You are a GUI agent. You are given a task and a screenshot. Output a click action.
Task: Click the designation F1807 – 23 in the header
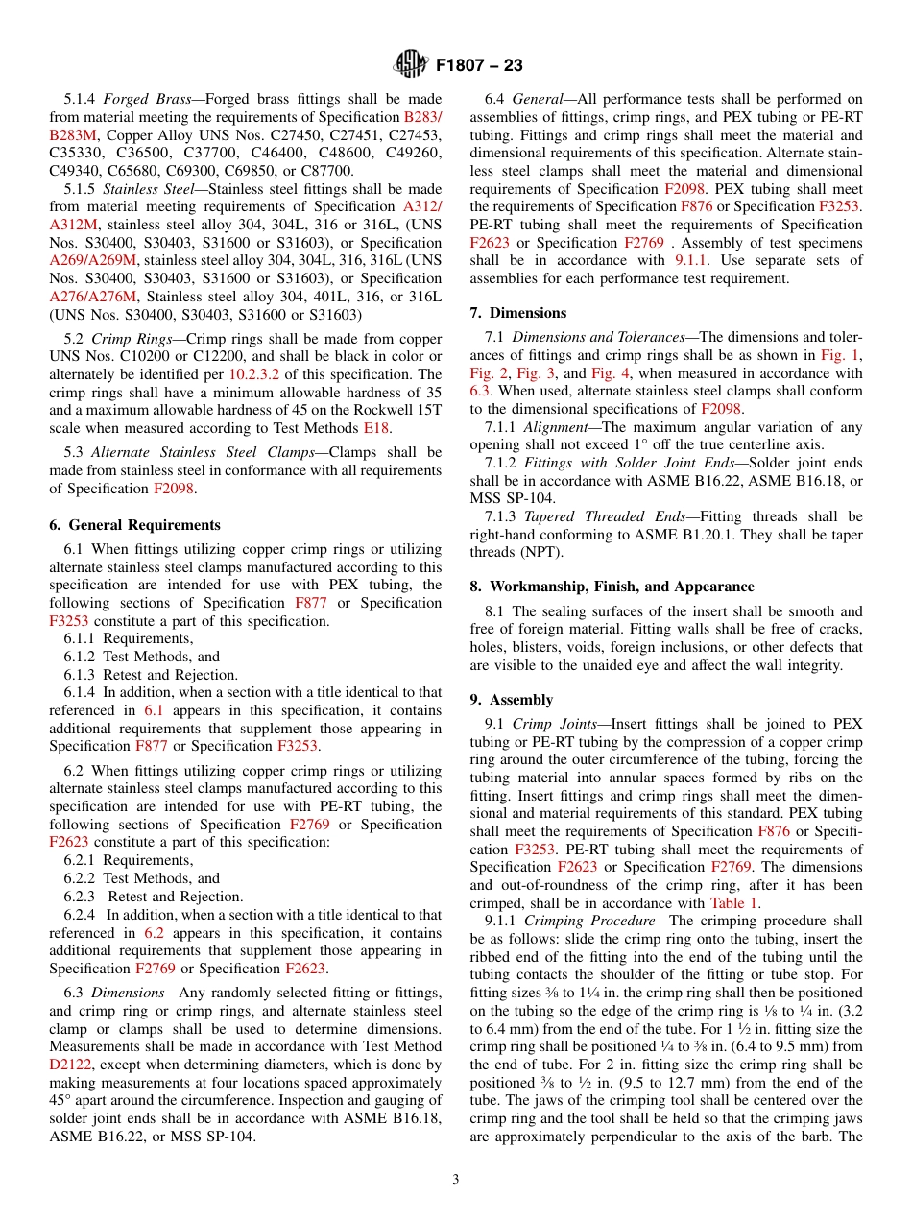479,66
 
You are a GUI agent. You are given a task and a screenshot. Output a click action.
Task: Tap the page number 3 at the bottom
455,1179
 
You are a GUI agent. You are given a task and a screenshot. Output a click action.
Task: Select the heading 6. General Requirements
134,525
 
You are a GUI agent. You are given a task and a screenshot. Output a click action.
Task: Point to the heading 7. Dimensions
518,313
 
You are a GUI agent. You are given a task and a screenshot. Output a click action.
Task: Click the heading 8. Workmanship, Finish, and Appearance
612,587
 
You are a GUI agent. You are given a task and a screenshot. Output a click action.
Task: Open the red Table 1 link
734,902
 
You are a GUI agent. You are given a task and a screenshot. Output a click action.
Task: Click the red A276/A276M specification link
93,297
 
